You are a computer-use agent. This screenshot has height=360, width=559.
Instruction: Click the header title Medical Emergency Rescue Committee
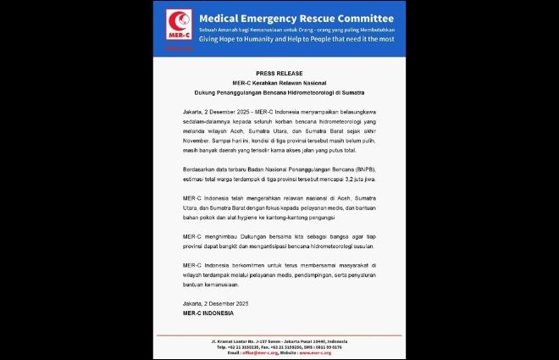(x=296, y=18)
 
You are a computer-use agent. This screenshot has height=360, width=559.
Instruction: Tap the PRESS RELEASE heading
(x=279, y=74)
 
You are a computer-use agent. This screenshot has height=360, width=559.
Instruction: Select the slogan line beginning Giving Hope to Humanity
(x=296, y=40)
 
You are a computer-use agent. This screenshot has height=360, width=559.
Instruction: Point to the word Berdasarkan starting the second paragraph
(x=199, y=171)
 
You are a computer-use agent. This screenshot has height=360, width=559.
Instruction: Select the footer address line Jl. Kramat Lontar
(x=279, y=341)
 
